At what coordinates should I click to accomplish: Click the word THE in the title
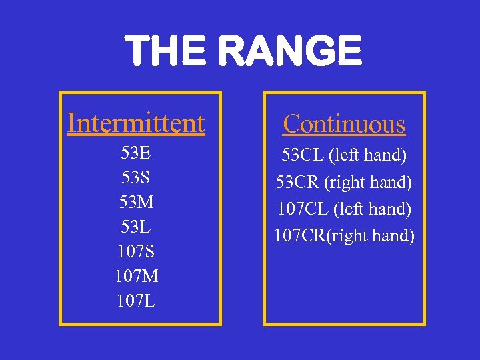[163, 52]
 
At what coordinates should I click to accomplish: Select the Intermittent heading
[136, 123]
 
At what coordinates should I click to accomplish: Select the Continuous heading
[344, 124]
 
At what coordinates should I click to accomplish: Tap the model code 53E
[136, 153]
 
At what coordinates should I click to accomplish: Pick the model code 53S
[136, 178]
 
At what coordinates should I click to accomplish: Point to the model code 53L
[136, 227]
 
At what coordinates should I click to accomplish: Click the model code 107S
[136, 252]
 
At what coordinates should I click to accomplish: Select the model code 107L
[136, 301]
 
